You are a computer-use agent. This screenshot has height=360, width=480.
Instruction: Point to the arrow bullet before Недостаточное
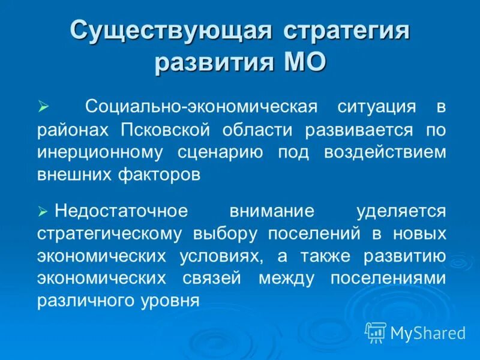(x=43, y=211)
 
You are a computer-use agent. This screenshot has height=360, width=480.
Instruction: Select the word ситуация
(x=376, y=107)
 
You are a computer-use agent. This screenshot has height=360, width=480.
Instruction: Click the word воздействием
(x=385, y=151)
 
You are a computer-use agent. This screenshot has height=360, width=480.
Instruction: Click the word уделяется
(x=401, y=211)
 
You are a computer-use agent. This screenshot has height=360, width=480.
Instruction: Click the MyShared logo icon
(x=376, y=332)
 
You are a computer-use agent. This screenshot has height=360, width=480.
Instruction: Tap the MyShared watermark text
(x=428, y=332)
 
